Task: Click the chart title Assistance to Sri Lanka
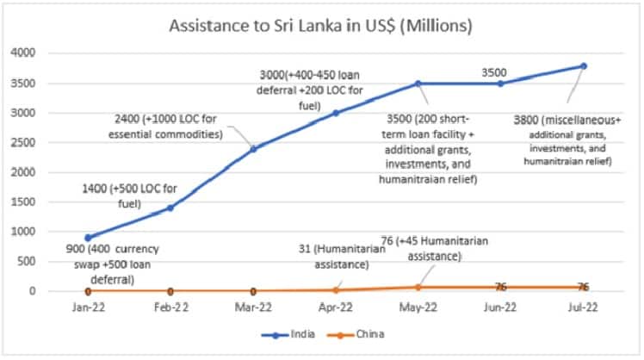click(x=322, y=26)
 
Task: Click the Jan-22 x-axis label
click(x=87, y=306)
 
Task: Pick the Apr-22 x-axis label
click(x=335, y=306)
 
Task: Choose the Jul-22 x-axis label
click(x=583, y=306)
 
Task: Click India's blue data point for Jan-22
click(x=88, y=238)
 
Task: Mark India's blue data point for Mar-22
click(x=253, y=148)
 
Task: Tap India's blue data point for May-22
click(x=418, y=84)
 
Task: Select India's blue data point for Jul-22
click(x=583, y=65)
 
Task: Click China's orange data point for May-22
click(x=418, y=287)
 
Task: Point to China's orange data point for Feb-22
click(x=170, y=291)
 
